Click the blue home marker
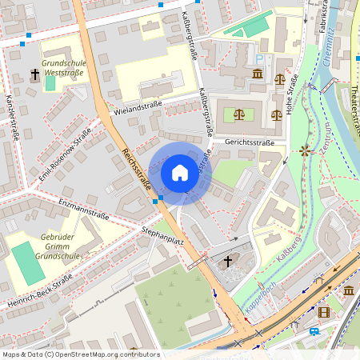180,173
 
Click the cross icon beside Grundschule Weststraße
34,74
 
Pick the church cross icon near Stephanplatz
228,261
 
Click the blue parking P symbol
258,58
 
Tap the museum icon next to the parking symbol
257,74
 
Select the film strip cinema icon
324,312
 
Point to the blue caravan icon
315,330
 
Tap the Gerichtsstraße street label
250,142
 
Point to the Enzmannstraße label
84,209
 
